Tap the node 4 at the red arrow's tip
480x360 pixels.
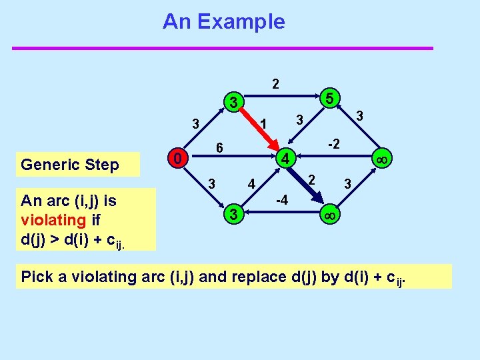[285, 159]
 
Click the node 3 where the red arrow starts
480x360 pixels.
[232, 103]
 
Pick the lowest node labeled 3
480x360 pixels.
[232, 215]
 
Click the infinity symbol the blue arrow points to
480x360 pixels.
[329, 215]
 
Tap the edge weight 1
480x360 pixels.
[263, 124]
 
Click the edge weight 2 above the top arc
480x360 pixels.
[276, 85]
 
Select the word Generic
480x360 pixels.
[48, 165]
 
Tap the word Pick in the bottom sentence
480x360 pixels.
[38, 277]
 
